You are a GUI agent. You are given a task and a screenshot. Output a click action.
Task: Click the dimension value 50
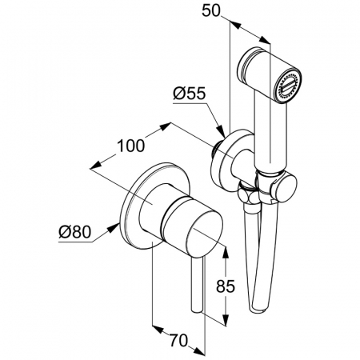pyautogui.click(x=211, y=11)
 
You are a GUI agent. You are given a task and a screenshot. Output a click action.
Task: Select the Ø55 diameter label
pyautogui.click(x=190, y=94)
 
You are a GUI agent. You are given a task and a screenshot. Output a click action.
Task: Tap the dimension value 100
pyautogui.click(x=131, y=146)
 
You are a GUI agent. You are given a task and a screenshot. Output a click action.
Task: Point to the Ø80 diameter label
pyautogui.click(x=75, y=232)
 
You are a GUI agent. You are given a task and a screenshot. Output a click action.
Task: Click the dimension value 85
pyautogui.click(x=226, y=286)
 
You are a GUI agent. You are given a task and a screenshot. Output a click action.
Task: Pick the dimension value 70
pyautogui.click(x=178, y=341)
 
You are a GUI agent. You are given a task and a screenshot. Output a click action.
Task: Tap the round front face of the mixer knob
pyautogui.click(x=204, y=234)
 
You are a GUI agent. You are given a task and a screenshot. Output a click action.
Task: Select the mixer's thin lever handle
pyautogui.click(x=198, y=285)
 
